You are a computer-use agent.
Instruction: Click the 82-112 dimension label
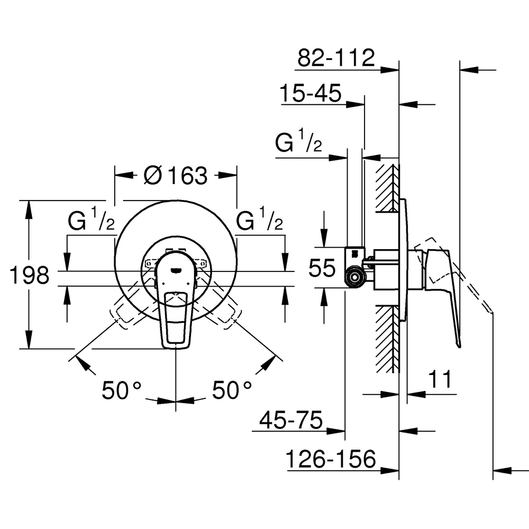pos(336,58)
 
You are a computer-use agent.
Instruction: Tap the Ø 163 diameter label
pos(176,175)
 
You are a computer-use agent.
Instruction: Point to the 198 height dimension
pos(29,275)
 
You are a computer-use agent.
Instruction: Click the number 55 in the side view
pos(322,268)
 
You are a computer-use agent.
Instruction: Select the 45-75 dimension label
pos(291,420)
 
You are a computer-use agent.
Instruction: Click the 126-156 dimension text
pos(331,459)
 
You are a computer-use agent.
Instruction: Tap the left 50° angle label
pos(122,390)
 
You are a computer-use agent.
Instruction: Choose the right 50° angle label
pos(232,390)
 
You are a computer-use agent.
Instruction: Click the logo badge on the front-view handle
pos(176,270)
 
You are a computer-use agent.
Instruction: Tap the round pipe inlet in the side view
pos(354,277)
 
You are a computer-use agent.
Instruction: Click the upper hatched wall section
pos(387,188)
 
